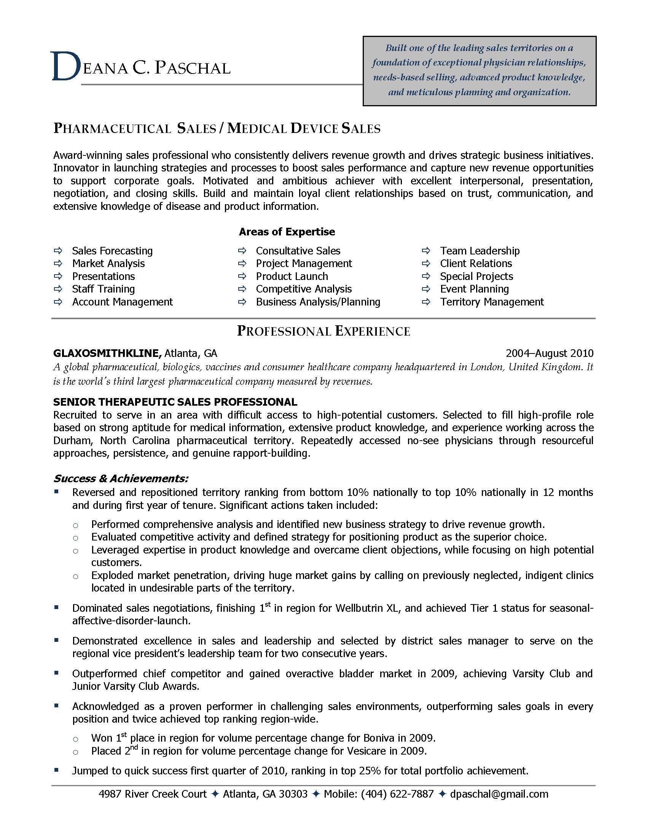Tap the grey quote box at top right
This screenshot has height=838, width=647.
(x=479, y=70)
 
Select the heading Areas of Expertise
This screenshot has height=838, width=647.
(x=287, y=232)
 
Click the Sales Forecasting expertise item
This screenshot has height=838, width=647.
(x=112, y=251)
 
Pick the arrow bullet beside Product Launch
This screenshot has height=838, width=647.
(x=242, y=276)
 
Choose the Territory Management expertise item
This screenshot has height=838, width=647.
(x=492, y=302)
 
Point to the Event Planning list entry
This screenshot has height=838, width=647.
(x=474, y=289)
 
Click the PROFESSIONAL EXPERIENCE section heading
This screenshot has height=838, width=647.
(x=323, y=331)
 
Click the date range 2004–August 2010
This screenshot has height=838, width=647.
(x=549, y=353)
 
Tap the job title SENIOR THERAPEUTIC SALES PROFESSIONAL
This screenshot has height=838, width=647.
(x=175, y=402)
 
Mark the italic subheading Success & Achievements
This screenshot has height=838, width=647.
(x=121, y=478)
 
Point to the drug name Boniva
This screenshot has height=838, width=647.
(x=379, y=738)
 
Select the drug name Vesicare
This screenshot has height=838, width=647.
(x=367, y=751)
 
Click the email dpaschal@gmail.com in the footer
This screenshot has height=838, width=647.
(x=499, y=794)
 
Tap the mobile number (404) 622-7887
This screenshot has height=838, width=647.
(x=397, y=794)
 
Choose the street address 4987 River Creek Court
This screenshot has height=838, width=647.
(x=153, y=794)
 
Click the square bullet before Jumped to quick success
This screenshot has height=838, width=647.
(x=56, y=770)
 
